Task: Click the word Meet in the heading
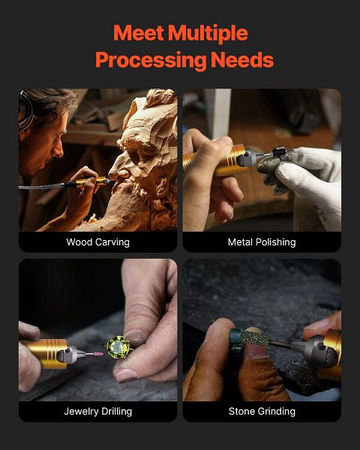(x=139, y=33)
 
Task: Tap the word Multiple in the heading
(x=208, y=34)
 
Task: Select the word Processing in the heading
(x=151, y=61)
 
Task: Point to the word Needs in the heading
(x=242, y=59)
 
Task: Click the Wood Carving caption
(x=98, y=242)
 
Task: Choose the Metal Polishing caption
(x=262, y=242)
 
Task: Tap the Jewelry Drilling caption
(x=98, y=412)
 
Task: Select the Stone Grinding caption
(x=262, y=412)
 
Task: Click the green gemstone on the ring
(x=118, y=347)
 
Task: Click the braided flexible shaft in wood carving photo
(x=40, y=187)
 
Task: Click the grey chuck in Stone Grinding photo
(x=319, y=351)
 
